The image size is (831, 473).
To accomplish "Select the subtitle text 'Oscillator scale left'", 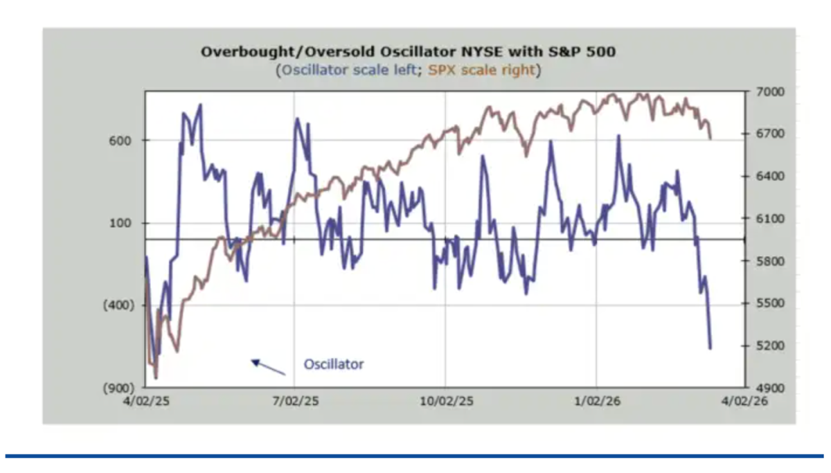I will coord(348,70).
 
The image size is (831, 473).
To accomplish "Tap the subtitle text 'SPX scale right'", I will coord(482,70).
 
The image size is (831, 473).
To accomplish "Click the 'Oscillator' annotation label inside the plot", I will coord(333,364).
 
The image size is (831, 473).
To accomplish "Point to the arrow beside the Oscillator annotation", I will coord(268,367).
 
